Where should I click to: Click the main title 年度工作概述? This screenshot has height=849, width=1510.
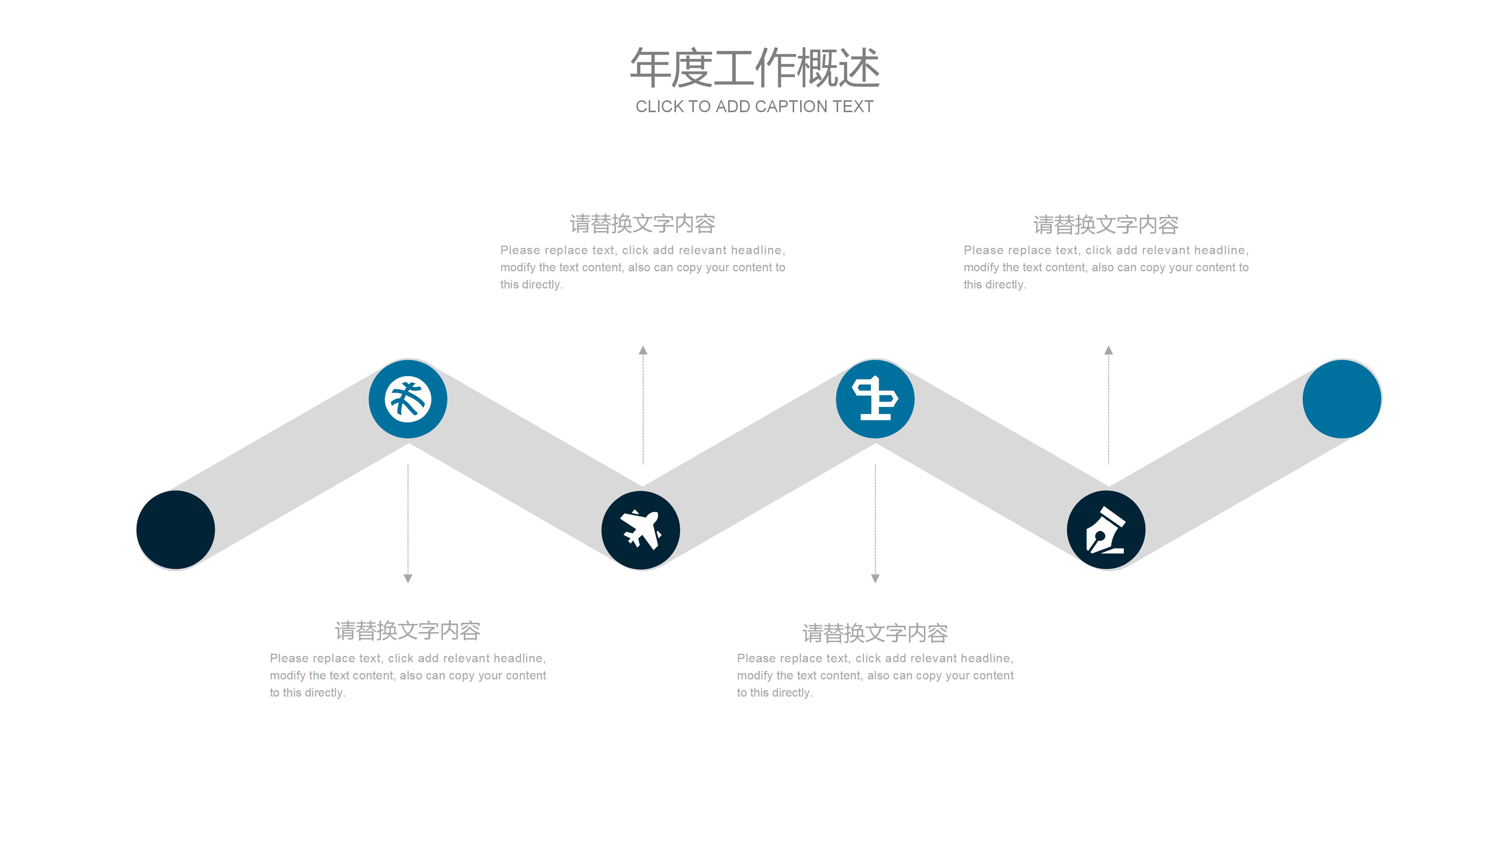pyautogui.click(x=754, y=69)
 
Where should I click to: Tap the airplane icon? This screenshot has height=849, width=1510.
pyautogui.click(x=641, y=530)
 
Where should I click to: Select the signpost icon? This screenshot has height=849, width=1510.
pyautogui.click(x=875, y=399)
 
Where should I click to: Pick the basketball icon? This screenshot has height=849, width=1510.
pyautogui.click(x=408, y=399)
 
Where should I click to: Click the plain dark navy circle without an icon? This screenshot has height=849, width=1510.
pyautogui.click(x=176, y=530)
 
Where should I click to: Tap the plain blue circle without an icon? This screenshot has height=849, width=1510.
pyautogui.click(x=1342, y=399)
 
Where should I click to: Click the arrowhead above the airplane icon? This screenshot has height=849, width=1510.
pyautogui.click(x=643, y=350)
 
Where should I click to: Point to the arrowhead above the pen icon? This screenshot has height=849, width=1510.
pyautogui.click(x=1108, y=350)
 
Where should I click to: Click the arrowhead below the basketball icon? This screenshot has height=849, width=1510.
pyautogui.click(x=408, y=578)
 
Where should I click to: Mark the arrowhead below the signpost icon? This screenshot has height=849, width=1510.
pyautogui.click(x=875, y=578)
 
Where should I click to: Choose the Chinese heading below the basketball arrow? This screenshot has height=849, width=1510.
pyautogui.click(x=408, y=631)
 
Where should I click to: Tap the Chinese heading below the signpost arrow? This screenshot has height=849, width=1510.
pyautogui.click(x=875, y=633)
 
